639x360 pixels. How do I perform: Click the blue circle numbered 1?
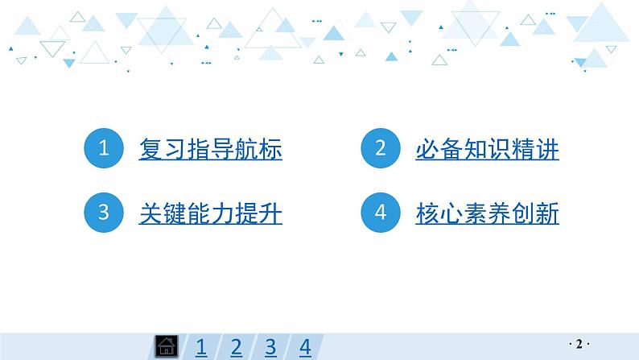(x=104, y=149)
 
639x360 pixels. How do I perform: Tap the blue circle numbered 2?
(x=381, y=149)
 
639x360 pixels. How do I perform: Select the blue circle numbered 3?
(x=104, y=213)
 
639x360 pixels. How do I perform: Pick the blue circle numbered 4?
(x=381, y=213)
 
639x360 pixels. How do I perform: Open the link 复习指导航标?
(x=211, y=150)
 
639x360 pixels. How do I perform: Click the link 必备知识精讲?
(x=487, y=150)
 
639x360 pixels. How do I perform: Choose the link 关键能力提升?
(x=211, y=214)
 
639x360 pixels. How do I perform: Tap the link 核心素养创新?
(x=487, y=214)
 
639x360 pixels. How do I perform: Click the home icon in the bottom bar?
(x=165, y=347)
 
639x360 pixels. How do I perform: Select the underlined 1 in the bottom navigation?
(x=201, y=347)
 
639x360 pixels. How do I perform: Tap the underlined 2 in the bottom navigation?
(x=236, y=347)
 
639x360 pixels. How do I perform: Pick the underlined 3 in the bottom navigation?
(x=270, y=347)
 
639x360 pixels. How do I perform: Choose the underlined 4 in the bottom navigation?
(x=305, y=347)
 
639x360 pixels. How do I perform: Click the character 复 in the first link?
(x=150, y=150)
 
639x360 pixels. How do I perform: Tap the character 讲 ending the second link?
(x=547, y=150)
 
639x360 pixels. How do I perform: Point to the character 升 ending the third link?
(x=271, y=214)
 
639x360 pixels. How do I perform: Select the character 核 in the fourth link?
(x=427, y=214)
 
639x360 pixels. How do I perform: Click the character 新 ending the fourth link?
(x=547, y=214)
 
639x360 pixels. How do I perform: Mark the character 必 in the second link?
(x=427, y=150)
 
